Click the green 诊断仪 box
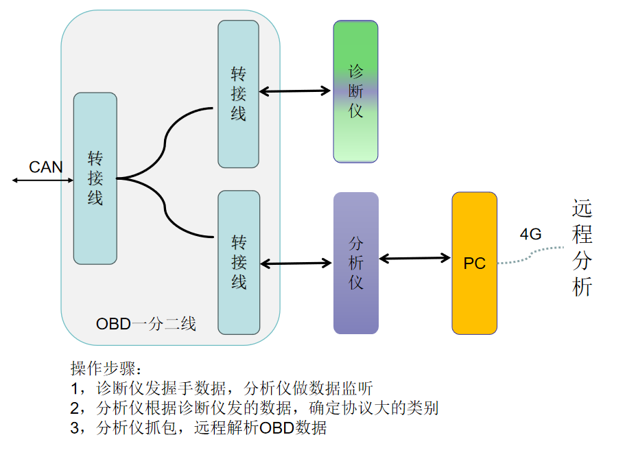point(355,91)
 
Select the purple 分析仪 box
point(355,263)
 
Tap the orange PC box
point(474,263)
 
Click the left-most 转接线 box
point(95,178)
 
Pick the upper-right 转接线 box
point(238,94)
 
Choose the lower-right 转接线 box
point(238,262)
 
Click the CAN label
point(46,167)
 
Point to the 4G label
point(530,235)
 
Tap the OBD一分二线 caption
point(146,324)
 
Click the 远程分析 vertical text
point(581,248)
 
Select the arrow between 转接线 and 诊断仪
point(295,91)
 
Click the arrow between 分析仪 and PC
point(415,259)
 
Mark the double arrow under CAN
point(43,180)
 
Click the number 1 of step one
point(75,388)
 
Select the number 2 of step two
point(75,408)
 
